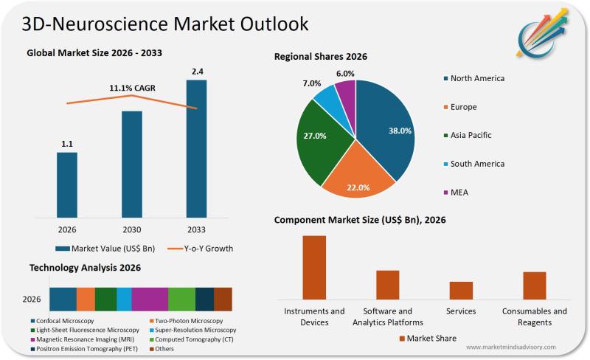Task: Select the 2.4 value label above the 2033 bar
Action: (196, 72)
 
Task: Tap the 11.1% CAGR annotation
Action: (133, 89)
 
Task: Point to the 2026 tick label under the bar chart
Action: (67, 229)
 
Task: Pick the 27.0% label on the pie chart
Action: (316, 136)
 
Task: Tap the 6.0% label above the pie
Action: (345, 74)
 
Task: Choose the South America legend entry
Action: (477, 164)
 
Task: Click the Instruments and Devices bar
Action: (313, 266)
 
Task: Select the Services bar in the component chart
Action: (461, 289)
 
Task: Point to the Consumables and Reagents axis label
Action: (535, 316)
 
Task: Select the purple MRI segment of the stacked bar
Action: (150, 299)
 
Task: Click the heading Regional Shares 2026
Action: (321, 56)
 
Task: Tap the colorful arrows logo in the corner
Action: (545, 33)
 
